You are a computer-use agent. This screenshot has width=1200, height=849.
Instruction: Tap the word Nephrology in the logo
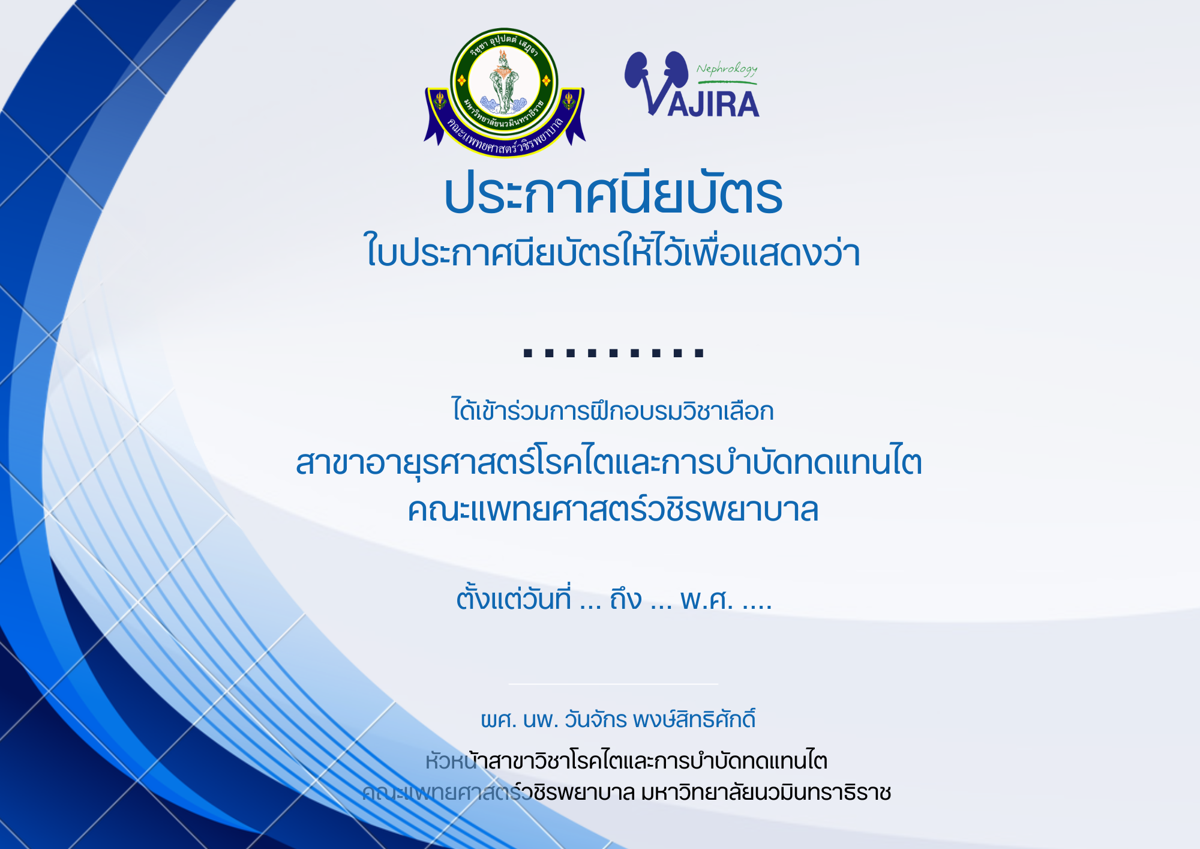[727, 69]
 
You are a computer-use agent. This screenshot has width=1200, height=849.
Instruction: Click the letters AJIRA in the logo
[713, 104]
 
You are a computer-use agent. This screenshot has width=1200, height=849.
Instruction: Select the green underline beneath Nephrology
[727, 82]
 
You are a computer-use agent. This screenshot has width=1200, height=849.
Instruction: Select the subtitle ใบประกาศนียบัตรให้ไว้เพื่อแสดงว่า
[613, 251]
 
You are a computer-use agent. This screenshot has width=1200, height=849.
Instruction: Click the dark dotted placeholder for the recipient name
[613, 353]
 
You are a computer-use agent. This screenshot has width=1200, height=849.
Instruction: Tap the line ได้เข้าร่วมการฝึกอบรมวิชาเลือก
[613, 411]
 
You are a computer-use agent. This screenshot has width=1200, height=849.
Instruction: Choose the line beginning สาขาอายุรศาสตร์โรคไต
[609, 464]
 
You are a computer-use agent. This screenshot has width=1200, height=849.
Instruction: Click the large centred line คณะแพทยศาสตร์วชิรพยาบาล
[613, 510]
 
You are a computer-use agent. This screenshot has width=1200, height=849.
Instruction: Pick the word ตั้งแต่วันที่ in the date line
[514, 599]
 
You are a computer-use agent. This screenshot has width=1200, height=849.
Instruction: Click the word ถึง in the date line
[626, 599]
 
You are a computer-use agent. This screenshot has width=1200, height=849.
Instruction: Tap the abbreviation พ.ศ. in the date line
[706, 599]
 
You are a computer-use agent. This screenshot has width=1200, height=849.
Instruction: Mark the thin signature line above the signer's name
[613, 684]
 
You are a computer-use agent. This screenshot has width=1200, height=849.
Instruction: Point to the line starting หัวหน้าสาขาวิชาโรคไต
[626, 761]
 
